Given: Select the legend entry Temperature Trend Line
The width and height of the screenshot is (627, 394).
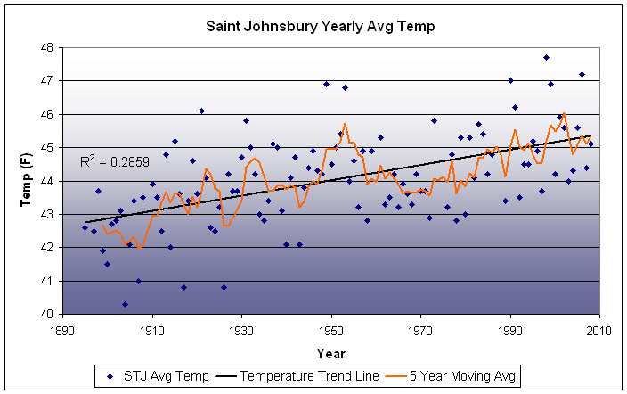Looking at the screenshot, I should coord(299,376).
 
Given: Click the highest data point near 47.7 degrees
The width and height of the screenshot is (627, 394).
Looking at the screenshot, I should coord(546,57).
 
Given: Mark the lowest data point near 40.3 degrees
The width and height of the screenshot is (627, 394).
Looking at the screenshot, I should coord(125,304).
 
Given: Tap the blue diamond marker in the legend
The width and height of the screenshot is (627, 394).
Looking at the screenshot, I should coord(110,376).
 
